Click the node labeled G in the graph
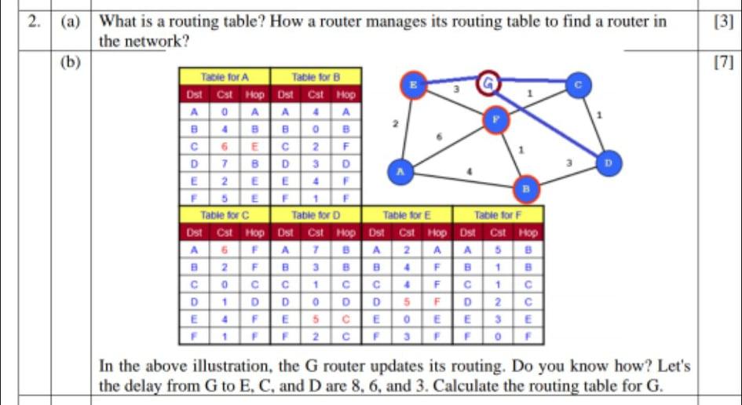(489, 81)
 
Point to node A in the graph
(400, 171)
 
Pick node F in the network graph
(495, 120)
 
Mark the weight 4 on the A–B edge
(469, 170)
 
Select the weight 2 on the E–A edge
(395, 125)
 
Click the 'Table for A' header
(224, 77)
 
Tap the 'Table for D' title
(315, 213)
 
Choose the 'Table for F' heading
(498, 213)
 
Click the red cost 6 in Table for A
(224, 146)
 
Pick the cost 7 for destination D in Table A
(224, 163)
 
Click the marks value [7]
(719, 62)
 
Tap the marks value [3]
(721, 22)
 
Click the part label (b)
(72, 62)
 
